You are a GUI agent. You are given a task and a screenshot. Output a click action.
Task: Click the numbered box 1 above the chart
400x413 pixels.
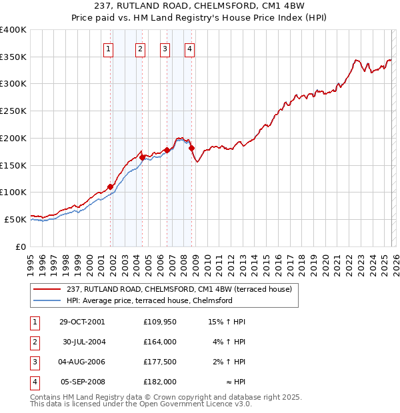[108, 48]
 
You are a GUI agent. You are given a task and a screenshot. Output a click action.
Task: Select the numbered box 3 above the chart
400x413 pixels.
[165, 48]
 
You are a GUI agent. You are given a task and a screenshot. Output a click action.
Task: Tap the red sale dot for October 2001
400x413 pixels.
[111, 187]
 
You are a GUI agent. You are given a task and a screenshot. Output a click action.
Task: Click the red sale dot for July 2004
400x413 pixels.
[143, 157]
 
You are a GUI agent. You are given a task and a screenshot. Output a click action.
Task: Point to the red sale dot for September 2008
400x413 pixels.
[191, 147]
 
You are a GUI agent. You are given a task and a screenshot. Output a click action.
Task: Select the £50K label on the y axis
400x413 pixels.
[16, 219]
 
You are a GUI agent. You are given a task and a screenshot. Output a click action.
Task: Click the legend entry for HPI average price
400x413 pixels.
[149, 300]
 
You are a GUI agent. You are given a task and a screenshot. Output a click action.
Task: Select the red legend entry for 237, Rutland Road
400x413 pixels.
[174, 289]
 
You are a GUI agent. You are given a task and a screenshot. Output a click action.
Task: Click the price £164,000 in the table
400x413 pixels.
[160, 342]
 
